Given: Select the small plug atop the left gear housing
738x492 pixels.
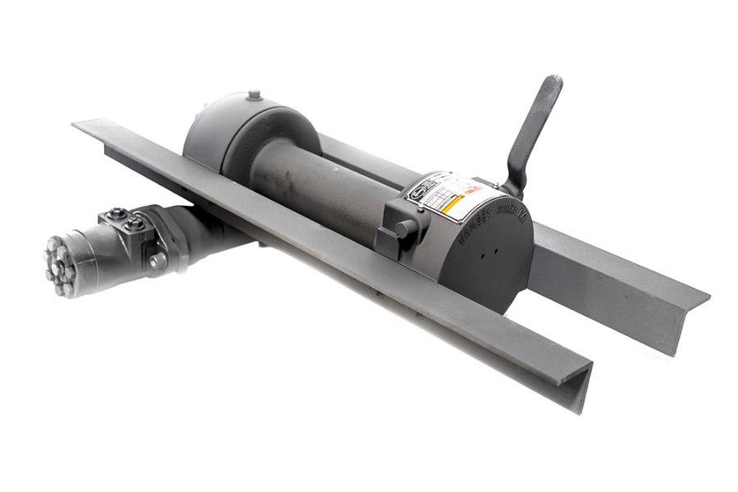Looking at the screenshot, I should click(253, 96).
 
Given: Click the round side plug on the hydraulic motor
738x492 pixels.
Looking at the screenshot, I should click(157, 260).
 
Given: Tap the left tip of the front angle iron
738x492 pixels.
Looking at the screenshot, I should click(78, 125).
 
